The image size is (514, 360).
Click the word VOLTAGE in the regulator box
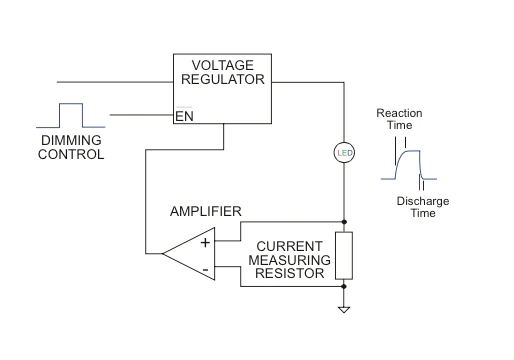tap(223, 65)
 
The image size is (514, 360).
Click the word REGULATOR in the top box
tap(223, 79)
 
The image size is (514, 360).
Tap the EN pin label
tap(184, 116)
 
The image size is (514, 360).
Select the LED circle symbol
tap(344, 153)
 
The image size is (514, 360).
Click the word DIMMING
tap(71, 140)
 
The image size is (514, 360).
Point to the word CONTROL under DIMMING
tap(71, 154)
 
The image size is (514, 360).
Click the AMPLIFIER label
tap(206, 211)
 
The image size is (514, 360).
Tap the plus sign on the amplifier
tap(205, 243)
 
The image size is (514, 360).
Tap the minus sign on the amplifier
tap(206, 269)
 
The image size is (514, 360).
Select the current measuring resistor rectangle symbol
tap(344, 256)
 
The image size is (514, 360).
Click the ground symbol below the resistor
tap(344, 309)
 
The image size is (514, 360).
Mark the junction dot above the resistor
tap(344, 222)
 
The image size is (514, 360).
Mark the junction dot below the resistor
tap(344, 286)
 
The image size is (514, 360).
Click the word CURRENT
tap(289, 246)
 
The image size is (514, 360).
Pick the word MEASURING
tap(289, 260)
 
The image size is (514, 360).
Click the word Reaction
tap(399, 113)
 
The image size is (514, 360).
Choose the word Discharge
tap(423, 201)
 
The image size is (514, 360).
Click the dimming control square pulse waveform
tap(71, 115)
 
